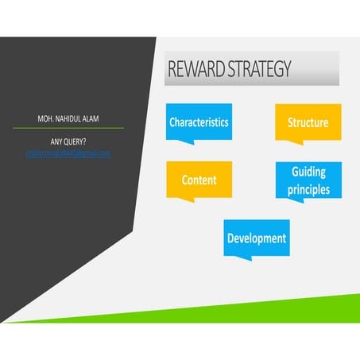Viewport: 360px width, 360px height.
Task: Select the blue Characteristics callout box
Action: [x=199, y=122]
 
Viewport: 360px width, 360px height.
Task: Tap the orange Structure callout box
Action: [x=308, y=122]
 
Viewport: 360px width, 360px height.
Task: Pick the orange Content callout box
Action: [x=199, y=180]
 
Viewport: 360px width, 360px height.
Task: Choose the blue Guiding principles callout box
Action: [x=309, y=180]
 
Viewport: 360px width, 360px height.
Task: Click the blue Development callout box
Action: [x=256, y=238]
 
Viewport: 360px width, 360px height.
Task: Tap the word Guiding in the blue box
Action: [x=309, y=172]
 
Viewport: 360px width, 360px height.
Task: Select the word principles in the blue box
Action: [x=309, y=189]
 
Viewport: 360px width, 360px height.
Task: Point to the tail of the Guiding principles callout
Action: [x=282, y=201]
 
